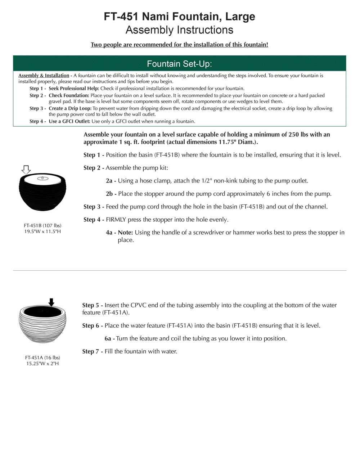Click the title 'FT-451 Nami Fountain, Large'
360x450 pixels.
(x=179, y=17)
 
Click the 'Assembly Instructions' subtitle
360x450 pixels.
(x=179, y=30)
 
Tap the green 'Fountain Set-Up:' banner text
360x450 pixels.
(x=179, y=64)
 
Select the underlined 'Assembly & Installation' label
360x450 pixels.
(x=44, y=76)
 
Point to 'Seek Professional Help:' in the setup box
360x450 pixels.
(x=74, y=89)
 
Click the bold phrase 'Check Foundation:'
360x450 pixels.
(x=69, y=95)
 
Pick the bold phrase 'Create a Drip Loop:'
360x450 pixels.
(x=70, y=108)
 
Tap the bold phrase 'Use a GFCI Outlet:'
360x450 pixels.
(x=69, y=121)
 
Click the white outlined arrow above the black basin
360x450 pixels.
(x=26, y=170)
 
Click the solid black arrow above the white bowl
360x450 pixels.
(x=51, y=302)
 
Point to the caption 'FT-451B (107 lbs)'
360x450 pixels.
(x=42, y=225)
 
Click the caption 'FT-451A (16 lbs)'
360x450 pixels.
(x=42, y=357)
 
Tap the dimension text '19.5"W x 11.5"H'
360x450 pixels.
(x=42, y=231)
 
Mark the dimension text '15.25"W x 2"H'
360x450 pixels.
(x=42, y=364)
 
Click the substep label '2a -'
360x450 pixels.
(x=111, y=181)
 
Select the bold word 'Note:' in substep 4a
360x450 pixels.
(x=125, y=233)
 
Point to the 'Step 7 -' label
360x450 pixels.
(x=93, y=351)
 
